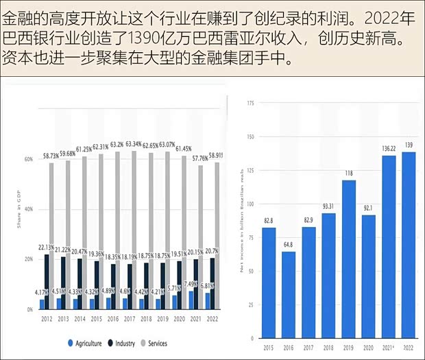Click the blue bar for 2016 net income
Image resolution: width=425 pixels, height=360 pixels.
coord(288,295)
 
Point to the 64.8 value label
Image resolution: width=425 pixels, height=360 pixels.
coord(288,245)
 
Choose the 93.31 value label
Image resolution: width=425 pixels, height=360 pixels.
coord(328,206)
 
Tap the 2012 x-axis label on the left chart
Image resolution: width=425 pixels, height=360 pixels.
coord(47,318)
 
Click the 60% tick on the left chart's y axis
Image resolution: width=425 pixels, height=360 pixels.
coord(29,159)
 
